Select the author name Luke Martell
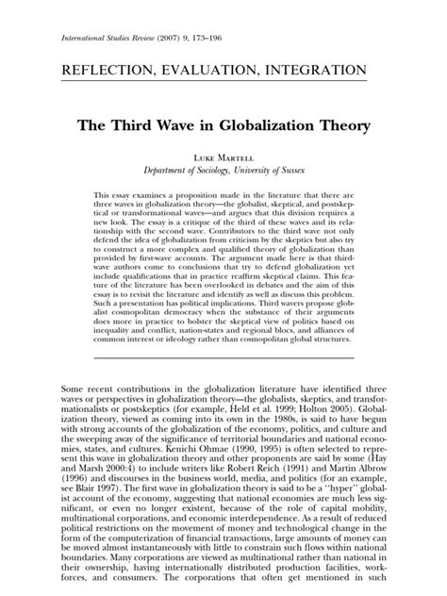(223, 156)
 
